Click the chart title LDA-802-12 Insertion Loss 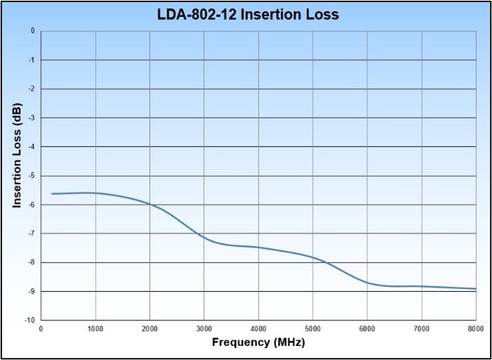pyautogui.click(x=247, y=13)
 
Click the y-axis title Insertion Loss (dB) pyautogui.click(x=18, y=155)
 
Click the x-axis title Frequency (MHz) pyautogui.click(x=258, y=342)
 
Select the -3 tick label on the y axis pyautogui.click(x=32, y=118)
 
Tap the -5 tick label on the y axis pyautogui.click(x=32, y=176)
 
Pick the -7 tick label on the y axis pyautogui.click(x=32, y=233)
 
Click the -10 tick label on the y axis pyautogui.click(x=30, y=320)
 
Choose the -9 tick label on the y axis pyautogui.click(x=32, y=291)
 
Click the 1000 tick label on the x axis pyautogui.click(x=96, y=328)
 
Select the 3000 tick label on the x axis pyautogui.click(x=204, y=328)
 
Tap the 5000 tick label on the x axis pyautogui.click(x=313, y=328)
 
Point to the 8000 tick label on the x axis pyautogui.click(x=476, y=328)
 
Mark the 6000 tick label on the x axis pyautogui.click(x=367, y=328)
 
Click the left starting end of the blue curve pyautogui.click(x=52, y=193)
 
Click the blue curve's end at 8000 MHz pyautogui.click(x=476, y=288)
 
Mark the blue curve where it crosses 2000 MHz pyautogui.click(x=150, y=204)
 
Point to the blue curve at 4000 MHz pyautogui.click(x=259, y=247)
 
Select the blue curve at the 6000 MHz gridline pyautogui.click(x=367, y=282)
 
